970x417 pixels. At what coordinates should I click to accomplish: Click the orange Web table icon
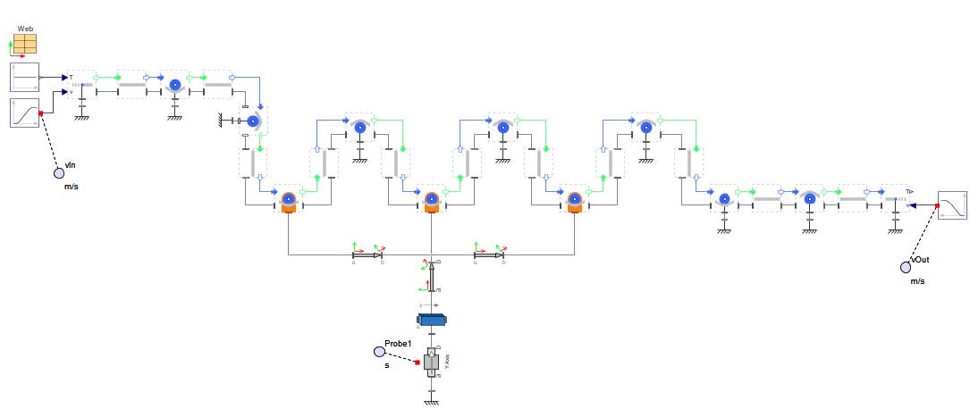[24, 44]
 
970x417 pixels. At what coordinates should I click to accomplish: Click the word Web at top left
[25, 29]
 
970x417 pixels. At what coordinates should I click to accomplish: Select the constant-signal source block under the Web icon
[24, 78]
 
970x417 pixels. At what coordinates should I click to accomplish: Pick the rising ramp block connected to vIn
[24, 113]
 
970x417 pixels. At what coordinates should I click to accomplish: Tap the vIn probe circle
[59, 172]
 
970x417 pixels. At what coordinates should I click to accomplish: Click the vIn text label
[71, 165]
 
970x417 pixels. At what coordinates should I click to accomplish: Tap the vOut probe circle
[906, 266]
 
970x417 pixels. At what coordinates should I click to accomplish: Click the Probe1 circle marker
[379, 352]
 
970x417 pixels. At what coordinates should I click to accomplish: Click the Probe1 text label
[397, 344]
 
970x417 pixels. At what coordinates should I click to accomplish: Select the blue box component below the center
[432, 320]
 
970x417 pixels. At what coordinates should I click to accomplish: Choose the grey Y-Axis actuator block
[432, 363]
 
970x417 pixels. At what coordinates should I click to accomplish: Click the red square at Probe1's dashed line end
[417, 362]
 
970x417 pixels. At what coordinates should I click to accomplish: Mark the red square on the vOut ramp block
[938, 205]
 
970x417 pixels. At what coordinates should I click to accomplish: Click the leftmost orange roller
[288, 201]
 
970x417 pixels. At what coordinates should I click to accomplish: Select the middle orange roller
[432, 201]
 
